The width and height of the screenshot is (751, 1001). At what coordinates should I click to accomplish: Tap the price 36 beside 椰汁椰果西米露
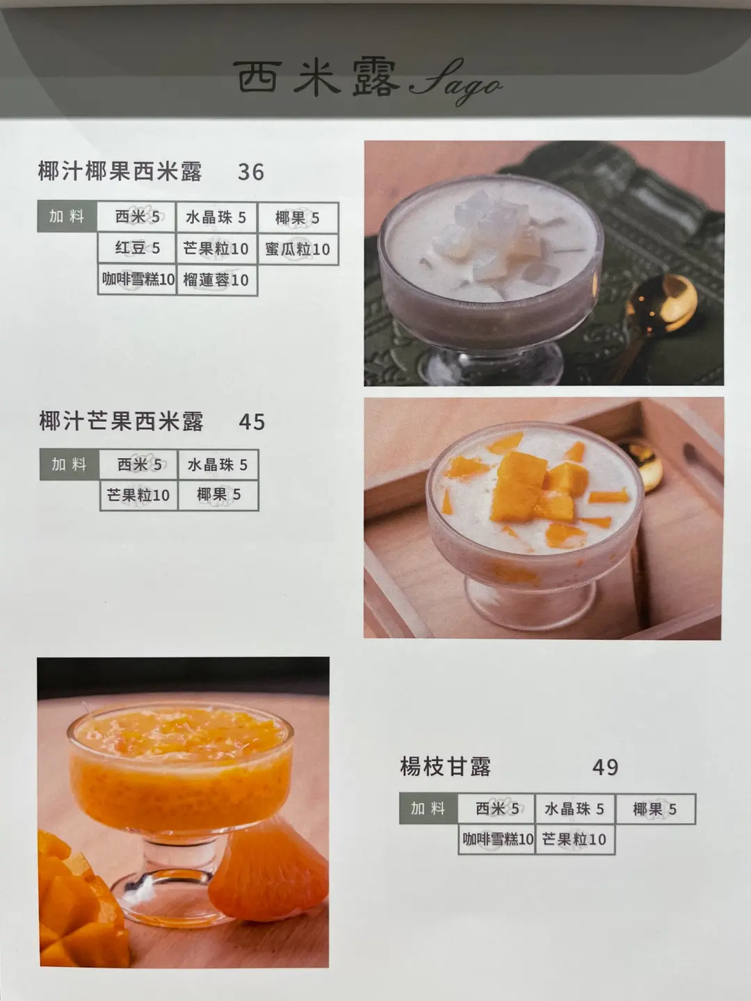[x=251, y=172]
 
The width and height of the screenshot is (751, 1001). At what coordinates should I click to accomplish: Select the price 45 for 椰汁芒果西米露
[x=252, y=422]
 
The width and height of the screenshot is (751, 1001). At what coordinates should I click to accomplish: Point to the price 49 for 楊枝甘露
[x=605, y=767]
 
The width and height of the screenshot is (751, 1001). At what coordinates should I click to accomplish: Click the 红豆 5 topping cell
[x=137, y=248]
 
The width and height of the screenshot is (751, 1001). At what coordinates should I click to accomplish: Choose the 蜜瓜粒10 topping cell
[x=298, y=249]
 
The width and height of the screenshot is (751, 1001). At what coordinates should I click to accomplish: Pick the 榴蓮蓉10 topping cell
[x=216, y=279]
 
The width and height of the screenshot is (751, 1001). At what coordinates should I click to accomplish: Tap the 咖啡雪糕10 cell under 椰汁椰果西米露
[x=137, y=279]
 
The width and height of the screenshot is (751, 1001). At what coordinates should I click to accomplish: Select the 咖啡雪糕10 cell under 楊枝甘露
[x=496, y=839]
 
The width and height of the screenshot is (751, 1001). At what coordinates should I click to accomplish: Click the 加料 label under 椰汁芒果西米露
[x=70, y=464]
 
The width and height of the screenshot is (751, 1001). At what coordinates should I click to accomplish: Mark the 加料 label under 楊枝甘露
[x=428, y=808]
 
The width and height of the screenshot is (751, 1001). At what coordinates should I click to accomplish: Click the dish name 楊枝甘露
[x=445, y=767]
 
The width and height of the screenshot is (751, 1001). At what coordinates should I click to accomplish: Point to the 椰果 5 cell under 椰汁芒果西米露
[x=218, y=495]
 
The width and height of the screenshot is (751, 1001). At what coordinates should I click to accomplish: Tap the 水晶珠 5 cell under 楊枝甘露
[x=574, y=809]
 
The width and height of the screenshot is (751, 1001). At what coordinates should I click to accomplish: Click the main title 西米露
[x=317, y=79]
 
